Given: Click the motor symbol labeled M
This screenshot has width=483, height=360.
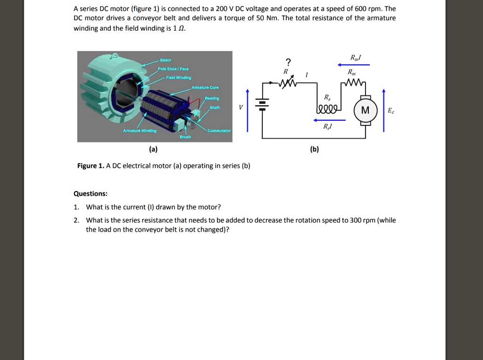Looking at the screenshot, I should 366,110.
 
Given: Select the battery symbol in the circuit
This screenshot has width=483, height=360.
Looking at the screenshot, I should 263,105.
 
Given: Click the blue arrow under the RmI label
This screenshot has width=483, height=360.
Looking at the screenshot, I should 354,65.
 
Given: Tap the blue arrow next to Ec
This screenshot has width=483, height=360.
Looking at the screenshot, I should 383,110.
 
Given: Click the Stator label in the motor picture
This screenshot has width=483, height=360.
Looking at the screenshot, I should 166,60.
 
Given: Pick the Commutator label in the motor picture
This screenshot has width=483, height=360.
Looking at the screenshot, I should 219,130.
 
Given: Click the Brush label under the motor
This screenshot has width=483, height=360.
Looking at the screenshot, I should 185,137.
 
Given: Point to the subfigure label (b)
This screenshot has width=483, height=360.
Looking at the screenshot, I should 315,150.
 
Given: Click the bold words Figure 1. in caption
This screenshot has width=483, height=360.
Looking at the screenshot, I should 91,166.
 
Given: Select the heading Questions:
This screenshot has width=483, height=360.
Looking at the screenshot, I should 91,193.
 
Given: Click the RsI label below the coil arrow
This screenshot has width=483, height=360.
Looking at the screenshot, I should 327,126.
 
